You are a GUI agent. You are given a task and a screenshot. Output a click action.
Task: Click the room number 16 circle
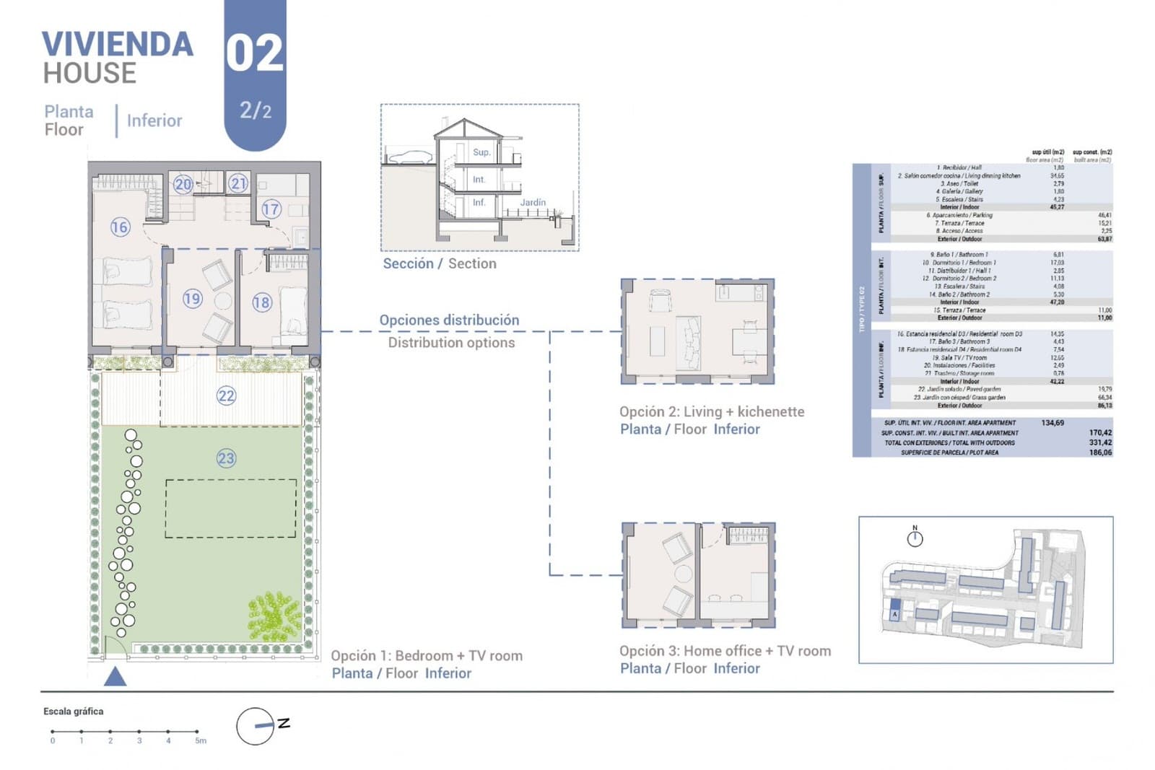(x=119, y=227)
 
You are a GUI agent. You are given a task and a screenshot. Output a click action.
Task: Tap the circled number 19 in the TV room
(x=192, y=298)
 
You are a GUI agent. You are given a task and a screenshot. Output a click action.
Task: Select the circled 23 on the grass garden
(x=226, y=458)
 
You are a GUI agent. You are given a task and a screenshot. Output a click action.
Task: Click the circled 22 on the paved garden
(x=226, y=395)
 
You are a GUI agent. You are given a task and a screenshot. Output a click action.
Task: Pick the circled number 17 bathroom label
(x=271, y=209)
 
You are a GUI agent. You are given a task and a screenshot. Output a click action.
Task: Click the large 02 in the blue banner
(x=254, y=54)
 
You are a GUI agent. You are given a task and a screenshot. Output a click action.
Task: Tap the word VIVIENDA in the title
(x=118, y=45)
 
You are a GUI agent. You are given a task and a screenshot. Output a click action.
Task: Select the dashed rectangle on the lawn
(x=230, y=508)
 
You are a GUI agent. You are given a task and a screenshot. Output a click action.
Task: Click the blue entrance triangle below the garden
(x=115, y=677)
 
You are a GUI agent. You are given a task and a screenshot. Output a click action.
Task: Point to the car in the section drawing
(x=409, y=157)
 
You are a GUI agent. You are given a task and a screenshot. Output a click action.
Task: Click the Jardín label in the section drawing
(x=533, y=203)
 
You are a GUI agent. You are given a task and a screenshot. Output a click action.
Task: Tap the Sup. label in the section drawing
(x=481, y=152)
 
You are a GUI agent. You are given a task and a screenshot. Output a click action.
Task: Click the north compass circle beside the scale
(x=255, y=726)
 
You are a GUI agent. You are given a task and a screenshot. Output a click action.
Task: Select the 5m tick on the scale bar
(x=197, y=732)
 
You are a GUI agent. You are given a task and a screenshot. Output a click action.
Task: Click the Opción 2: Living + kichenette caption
(x=711, y=411)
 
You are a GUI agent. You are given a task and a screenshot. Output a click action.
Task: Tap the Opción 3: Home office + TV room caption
(x=725, y=651)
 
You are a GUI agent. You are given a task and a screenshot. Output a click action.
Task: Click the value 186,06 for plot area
(x=1100, y=452)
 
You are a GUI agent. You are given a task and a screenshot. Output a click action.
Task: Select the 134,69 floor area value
(x=1052, y=423)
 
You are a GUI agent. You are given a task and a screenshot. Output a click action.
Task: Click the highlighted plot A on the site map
(x=895, y=610)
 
